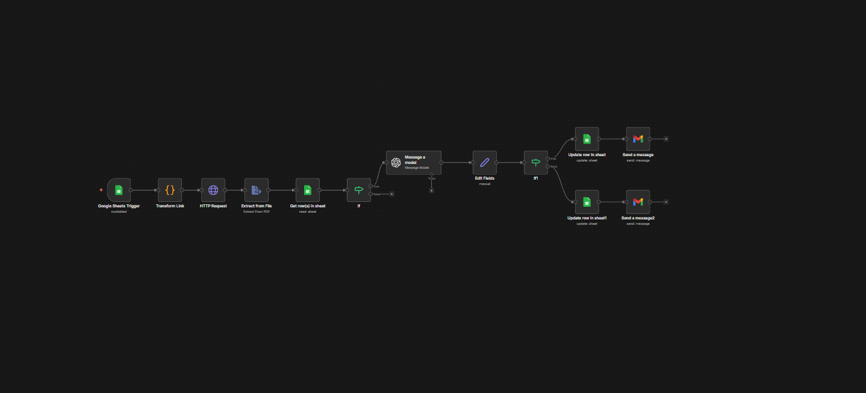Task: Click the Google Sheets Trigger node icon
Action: (119, 190)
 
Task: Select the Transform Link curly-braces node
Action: (170, 190)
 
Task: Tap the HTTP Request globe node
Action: (213, 190)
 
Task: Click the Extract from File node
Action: (256, 190)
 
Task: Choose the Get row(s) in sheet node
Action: (307, 190)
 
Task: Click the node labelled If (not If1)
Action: (359, 190)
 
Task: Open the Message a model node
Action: (413, 163)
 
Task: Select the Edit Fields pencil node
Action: (485, 163)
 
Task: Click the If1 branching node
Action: (535, 163)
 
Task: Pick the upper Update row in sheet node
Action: (587, 139)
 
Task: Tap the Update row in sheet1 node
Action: (587, 202)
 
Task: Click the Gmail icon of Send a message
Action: (638, 139)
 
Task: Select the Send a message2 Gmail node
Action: (638, 202)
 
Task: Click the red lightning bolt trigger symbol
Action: (101, 190)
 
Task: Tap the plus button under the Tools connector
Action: (431, 190)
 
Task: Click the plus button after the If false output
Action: (391, 194)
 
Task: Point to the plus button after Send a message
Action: (665, 139)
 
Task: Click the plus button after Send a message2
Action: (665, 202)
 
